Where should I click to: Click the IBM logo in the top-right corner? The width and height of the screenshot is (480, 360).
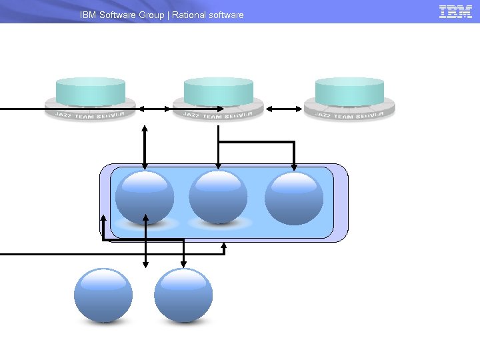tap(456, 11)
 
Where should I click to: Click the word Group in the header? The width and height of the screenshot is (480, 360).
tap(151, 15)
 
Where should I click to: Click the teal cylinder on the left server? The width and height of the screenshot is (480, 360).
tap(91, 91)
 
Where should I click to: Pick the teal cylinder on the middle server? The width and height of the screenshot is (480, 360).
tap(219, 91)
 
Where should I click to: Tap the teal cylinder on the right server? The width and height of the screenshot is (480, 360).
tap(349, 91)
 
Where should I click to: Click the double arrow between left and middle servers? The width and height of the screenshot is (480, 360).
tap(154, 108)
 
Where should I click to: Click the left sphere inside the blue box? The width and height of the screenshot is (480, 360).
tap(145, 197)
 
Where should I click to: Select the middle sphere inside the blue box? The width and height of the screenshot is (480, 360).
tap(218, 197)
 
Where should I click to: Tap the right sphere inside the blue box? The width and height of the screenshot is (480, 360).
tap(294, 197)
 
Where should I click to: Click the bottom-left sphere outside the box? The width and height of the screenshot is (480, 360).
tap(103, 295)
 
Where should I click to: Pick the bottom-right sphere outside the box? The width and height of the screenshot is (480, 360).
tap(183, 295)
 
